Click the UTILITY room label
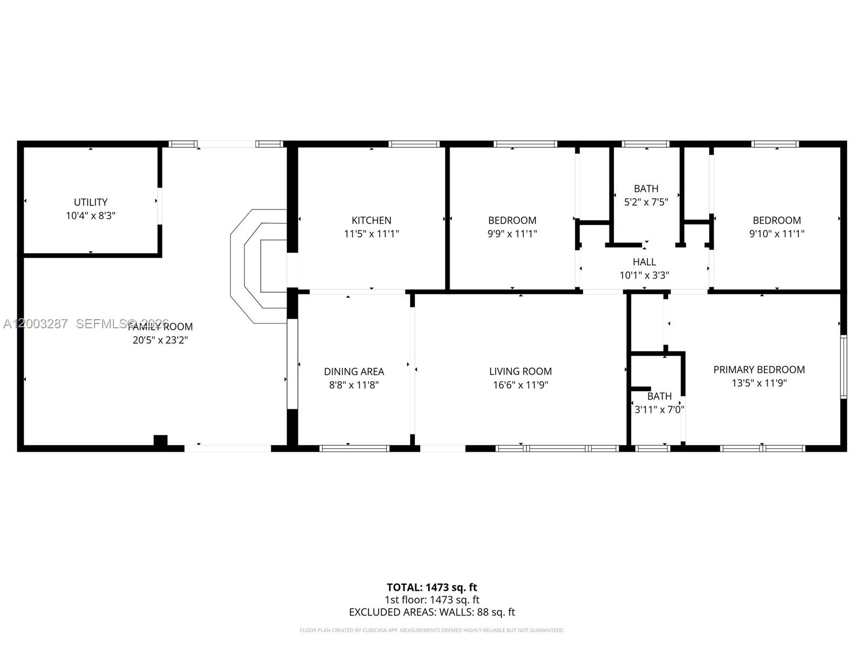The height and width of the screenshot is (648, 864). click(91, 202)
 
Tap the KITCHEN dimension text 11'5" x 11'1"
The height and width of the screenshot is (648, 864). click(372, 234)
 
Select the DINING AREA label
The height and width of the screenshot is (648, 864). click(354, 372)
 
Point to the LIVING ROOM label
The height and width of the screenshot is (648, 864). click(520, 372)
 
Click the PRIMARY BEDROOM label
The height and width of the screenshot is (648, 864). click(759, 369)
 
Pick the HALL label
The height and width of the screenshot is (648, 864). click(644, 262)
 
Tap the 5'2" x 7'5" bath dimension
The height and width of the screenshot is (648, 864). click(646, 202)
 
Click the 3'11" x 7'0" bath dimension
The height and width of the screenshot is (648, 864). click(659, 409)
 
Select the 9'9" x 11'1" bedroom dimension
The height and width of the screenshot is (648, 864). click(512, 234)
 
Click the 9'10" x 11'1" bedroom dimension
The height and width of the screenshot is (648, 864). click(777, 234)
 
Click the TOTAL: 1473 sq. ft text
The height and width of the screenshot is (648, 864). click(431, 587)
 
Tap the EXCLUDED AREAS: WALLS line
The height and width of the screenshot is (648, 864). click(431, 612)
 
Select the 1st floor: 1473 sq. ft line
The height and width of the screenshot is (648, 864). click(431, 599)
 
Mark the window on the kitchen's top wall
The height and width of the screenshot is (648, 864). click(414, 144)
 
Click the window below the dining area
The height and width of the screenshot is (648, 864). click(354, 448)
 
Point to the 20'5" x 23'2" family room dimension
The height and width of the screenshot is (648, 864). click(160, 340)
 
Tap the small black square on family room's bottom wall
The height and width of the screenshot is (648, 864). click(160, 441)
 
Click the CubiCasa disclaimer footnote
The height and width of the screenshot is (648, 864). click(431, 630)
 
